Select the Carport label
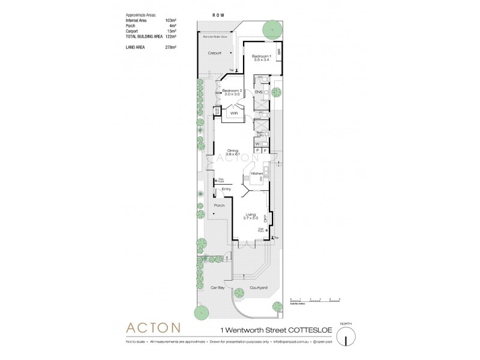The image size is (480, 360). (215, 53)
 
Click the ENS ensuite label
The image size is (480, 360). (259, 92)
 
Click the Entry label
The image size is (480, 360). (226, 190)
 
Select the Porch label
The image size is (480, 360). (219, 205)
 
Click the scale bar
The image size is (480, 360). (314, 300)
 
